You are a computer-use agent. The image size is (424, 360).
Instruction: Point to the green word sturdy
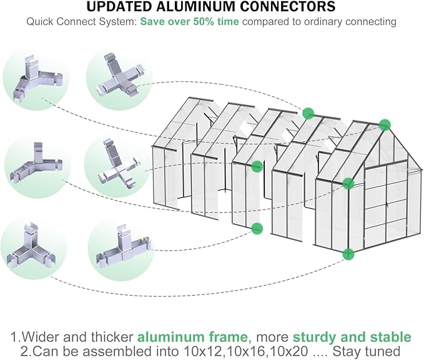click(x=316, y=337)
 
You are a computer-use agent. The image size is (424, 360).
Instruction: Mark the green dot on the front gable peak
click(x=385, y=124)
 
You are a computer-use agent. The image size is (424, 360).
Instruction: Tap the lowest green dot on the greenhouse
click(x=348, y=254)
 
